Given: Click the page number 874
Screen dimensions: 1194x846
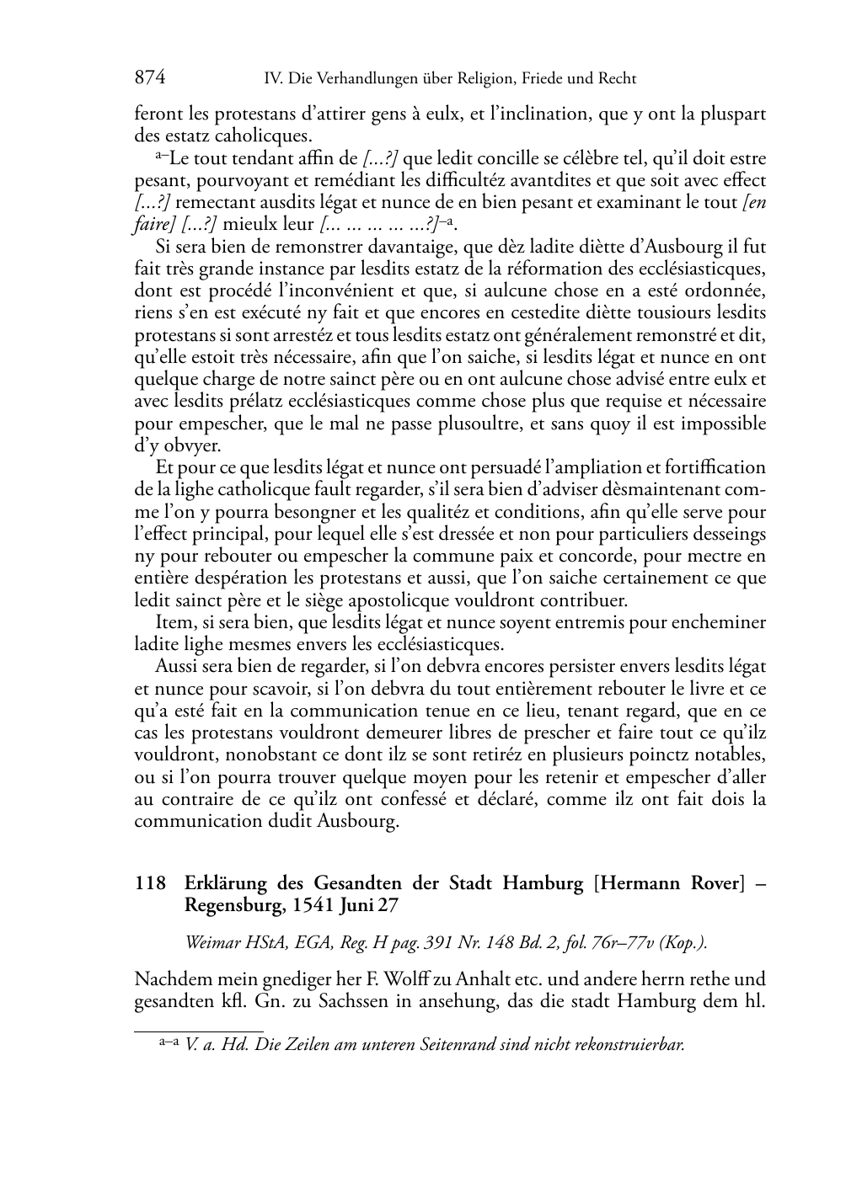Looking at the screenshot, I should [149, 78].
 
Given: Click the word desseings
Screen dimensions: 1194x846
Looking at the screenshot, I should [729, 534].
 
